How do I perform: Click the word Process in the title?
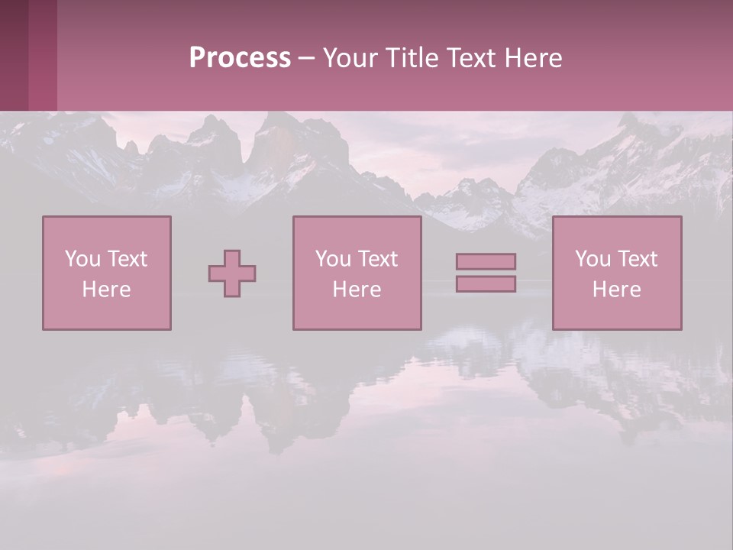pyautogui.click(x=240, y=58)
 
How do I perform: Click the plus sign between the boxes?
pyautogui.click(x=232, y=273)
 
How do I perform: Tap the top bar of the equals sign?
pyautogui.click(x=486, y=261)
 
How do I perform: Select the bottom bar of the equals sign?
pyautogui.click(x=486, y=284)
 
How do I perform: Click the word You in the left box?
pyautogui.click(x=82, y=259)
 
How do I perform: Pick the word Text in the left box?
pyautogui.click(x=127, y=259)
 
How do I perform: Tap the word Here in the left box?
pyautogui.click(x=106, y=290)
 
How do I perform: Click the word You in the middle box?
pyautogui.click(x=333, y=259)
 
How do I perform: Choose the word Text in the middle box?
pyautogui.click(x=377, y=259)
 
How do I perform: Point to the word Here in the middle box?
pyautogui.click(x=357, y=290)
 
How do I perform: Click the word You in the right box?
pyautogui.click(x=593, y=259)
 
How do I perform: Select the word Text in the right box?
pyautogui.click(x=637, y=259)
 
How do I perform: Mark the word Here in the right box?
pyautogui.click(x=616, y=290)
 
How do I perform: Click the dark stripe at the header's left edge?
pyautogui.click(x=14, y=55)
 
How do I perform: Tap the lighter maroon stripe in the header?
pyautogui.click(x=43, y=55)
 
